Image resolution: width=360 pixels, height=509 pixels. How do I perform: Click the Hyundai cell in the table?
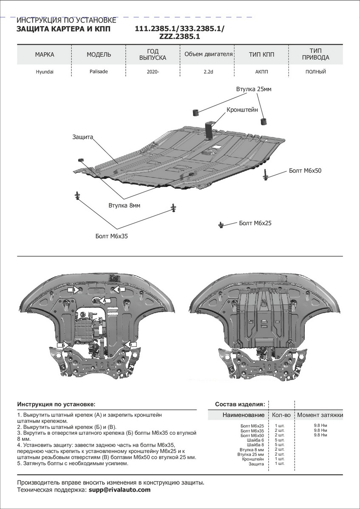45,72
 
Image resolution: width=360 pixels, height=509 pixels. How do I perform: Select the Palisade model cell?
99,72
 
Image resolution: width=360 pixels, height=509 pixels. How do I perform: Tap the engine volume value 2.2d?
208,72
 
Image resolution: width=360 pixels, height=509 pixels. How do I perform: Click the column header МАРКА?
45,55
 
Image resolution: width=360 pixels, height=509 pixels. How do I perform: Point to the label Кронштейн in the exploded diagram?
242,109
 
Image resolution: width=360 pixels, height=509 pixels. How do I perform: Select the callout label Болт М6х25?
255,223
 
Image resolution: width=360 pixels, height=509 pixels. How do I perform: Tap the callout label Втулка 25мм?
253,89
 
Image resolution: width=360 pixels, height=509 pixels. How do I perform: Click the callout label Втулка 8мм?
124,205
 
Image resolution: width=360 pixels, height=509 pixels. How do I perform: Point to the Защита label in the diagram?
82,137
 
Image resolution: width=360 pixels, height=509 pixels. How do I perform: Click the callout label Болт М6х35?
112,236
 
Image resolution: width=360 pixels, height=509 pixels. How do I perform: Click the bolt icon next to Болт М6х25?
221,224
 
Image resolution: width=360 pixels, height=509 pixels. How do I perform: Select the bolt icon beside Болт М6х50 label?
266,175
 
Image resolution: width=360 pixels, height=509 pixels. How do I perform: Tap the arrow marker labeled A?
103,300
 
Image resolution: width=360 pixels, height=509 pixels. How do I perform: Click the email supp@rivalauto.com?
120,490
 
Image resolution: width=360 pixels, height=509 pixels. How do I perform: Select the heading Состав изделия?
240,404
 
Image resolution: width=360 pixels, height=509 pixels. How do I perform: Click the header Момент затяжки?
320,415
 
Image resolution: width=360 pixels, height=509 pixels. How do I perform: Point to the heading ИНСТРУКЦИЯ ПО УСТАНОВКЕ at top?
66,20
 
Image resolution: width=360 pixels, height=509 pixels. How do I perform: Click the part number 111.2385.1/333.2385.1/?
180,29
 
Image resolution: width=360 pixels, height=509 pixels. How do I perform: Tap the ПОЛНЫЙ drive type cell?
315,72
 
